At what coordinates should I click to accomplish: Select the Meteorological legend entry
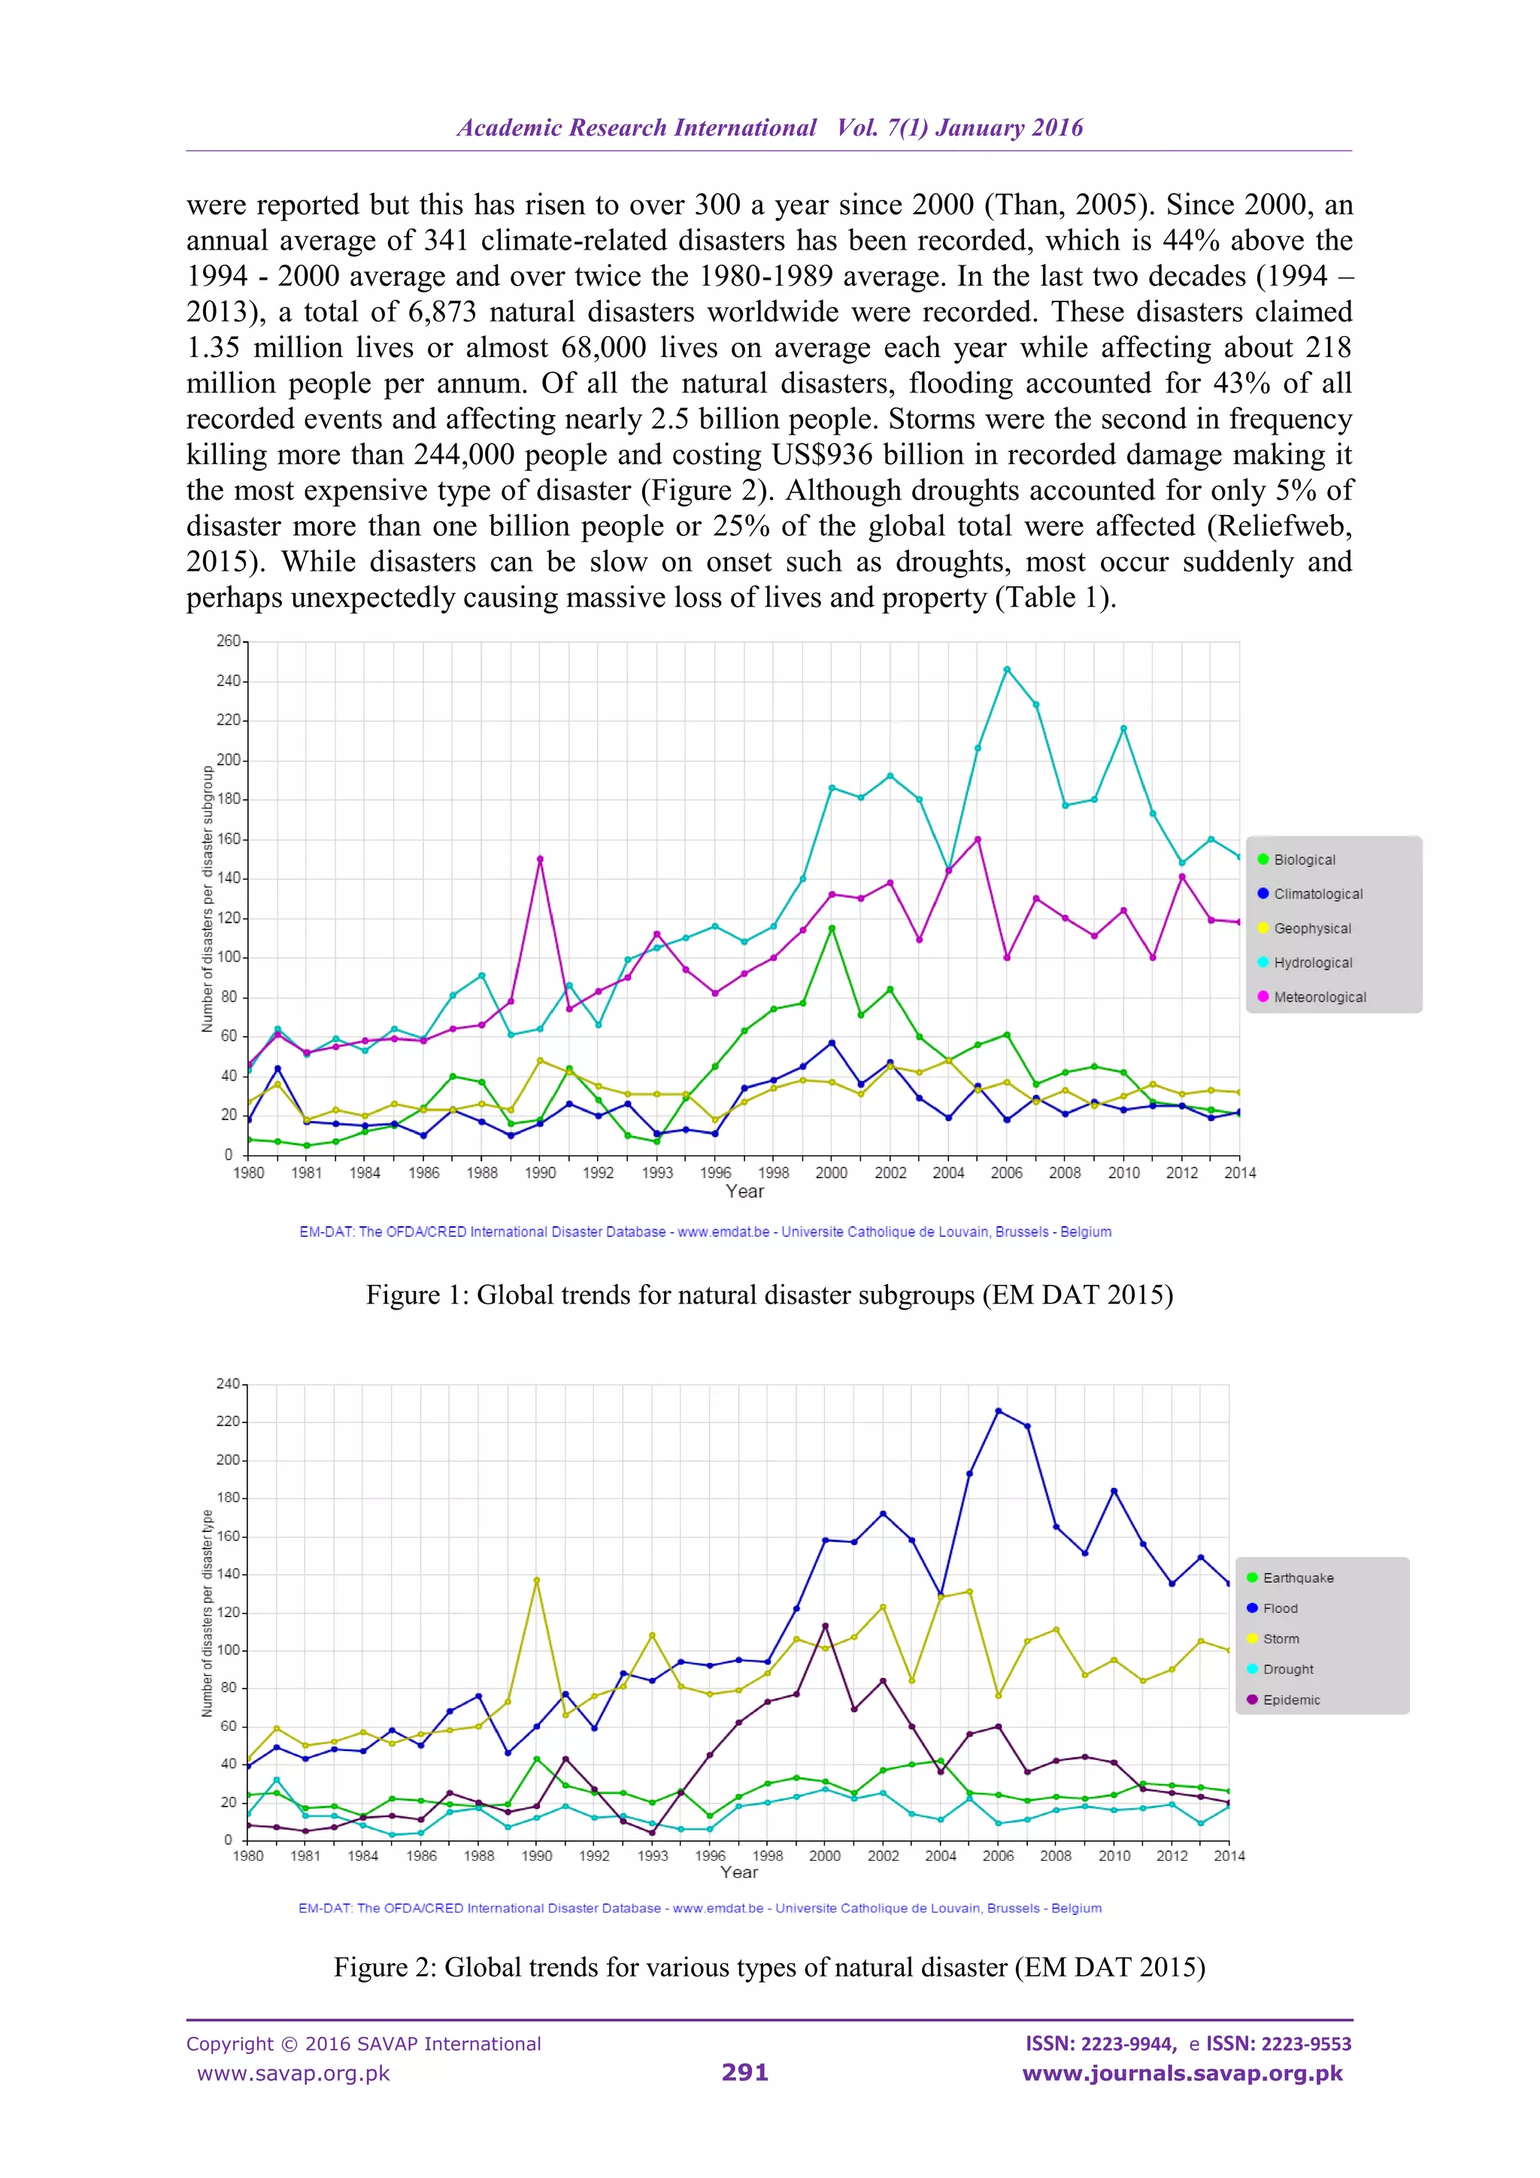coord(1319,997)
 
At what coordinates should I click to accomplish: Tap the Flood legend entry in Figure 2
coord(1279,1608)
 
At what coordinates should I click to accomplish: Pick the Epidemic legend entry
coord(1290,1700)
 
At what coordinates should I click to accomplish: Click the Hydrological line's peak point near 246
coord(1007,670)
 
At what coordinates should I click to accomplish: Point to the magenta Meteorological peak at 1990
coord(540,859)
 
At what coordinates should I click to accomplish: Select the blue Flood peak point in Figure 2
coord(998,1411)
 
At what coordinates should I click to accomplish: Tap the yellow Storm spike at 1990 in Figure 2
coord(537,1580)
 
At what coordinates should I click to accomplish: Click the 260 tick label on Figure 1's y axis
coord(228,641)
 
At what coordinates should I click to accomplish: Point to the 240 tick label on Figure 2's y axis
coord(228,1384)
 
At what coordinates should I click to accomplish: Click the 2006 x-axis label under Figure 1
coord(1007,1174)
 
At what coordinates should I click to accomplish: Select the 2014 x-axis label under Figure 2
coord(1229,1855)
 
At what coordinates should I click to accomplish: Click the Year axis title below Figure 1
coord(745,1192)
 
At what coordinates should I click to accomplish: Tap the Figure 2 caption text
coord(769,1967)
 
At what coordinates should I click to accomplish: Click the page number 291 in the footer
coord(745,2073)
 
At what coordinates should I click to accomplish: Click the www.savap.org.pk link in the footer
coord(293,2073)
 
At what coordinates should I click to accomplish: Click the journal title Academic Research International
coord(637,128)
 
